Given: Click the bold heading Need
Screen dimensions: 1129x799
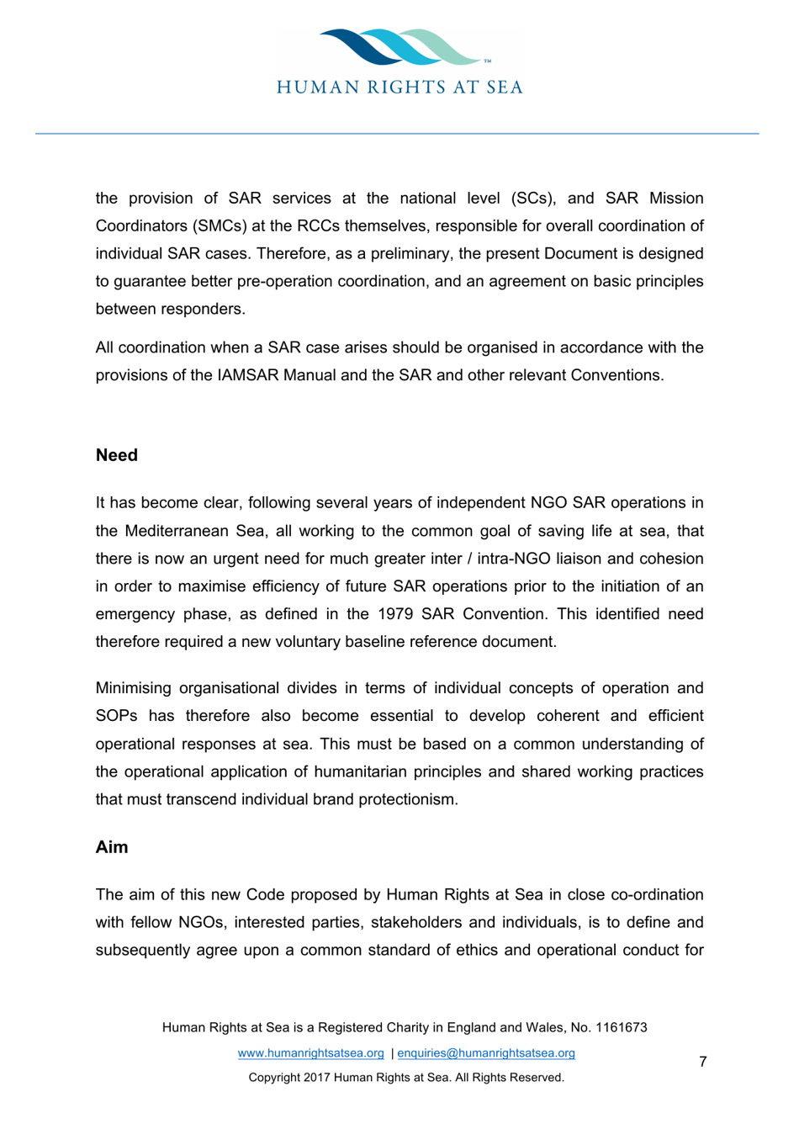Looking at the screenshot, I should (x=116, y=455).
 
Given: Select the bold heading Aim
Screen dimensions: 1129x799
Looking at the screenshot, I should (x=112, y=847).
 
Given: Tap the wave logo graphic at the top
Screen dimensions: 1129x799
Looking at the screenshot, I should (x=400, y=47).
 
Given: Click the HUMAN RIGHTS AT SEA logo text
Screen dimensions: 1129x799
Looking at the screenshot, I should (x=400, y=87).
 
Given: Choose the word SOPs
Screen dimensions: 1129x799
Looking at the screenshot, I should (x=119, y=716).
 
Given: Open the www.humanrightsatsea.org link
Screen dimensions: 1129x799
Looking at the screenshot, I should (x=310, y=1053).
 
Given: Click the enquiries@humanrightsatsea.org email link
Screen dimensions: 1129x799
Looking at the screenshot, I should (x=486, y=1053).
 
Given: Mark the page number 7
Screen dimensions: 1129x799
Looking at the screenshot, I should (x=703, y=1062).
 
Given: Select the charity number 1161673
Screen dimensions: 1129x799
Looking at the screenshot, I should (x=621, y=1027).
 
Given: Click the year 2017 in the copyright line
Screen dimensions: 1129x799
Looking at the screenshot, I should (x=317, y=1078).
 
